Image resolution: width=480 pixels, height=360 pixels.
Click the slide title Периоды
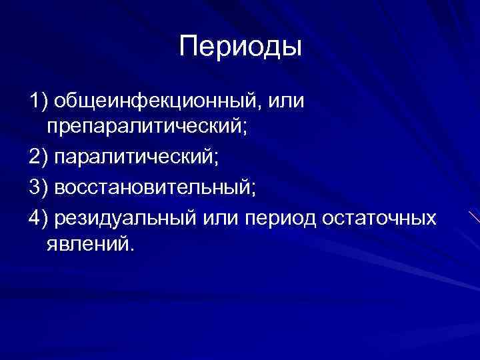241,47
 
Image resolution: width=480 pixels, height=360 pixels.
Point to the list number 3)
39,189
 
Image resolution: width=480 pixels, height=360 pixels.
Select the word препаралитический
143,127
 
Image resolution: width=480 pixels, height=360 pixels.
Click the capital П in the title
189,47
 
